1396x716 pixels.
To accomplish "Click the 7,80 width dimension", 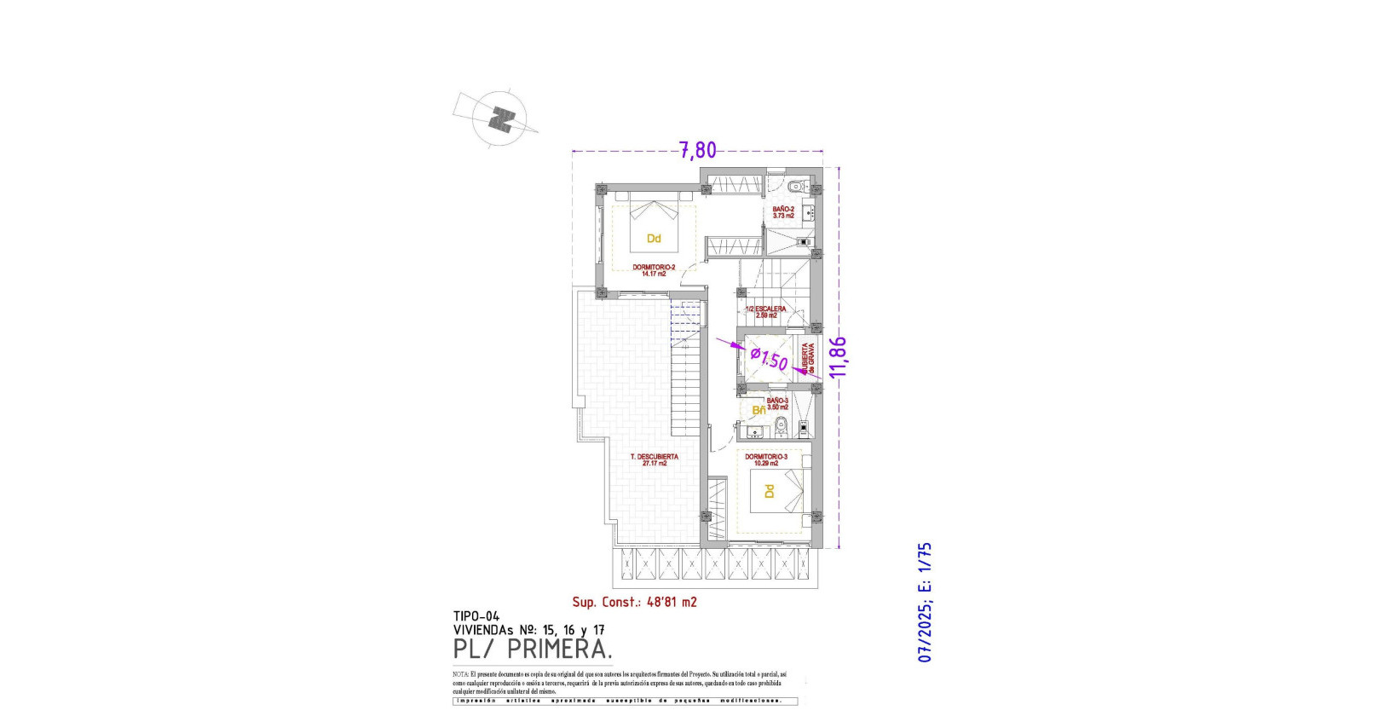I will click(697, 151).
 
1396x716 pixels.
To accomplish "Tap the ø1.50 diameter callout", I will click(770, 357).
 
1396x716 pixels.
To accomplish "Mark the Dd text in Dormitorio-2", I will click(654, 239).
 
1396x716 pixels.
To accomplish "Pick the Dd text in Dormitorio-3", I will click(769, 492).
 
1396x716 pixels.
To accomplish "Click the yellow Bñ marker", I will click(758, 410).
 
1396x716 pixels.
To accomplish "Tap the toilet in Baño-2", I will click(795, 186).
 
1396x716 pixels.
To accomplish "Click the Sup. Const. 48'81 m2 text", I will click(634, 602).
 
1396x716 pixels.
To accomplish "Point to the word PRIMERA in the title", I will click(559, 650).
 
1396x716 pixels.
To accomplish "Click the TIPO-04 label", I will click(476, 616).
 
